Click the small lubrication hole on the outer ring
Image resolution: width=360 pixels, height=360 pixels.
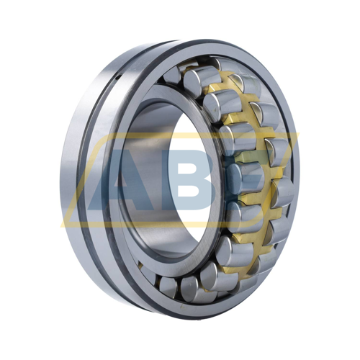pyautogui.click(x=117, y=77)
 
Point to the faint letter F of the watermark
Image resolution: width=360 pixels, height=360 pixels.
pyautogui.click(x=252, y=180)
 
